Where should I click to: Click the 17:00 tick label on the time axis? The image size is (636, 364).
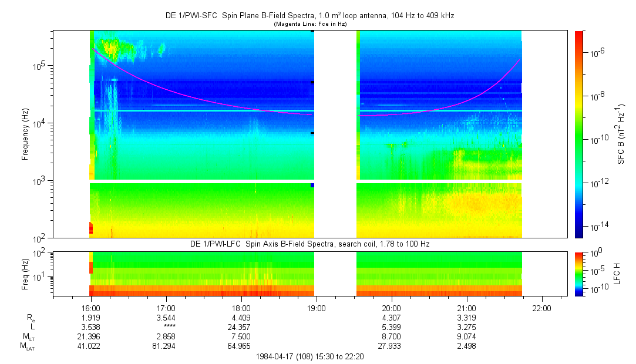(166, 308)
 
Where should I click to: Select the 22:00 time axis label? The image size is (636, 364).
(541, 308)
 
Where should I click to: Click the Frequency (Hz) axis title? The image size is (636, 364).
(25, 134)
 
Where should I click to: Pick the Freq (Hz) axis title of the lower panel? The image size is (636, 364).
(25, 274)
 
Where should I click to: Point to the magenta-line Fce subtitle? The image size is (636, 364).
(310, 24)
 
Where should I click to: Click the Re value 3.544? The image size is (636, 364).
(166, 318)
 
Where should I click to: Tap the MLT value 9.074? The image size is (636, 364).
(466, 337)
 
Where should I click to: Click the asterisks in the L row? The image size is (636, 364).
(170, 326)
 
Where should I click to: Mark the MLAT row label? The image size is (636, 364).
(27, 346)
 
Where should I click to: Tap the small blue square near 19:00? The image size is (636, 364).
(312, 186)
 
